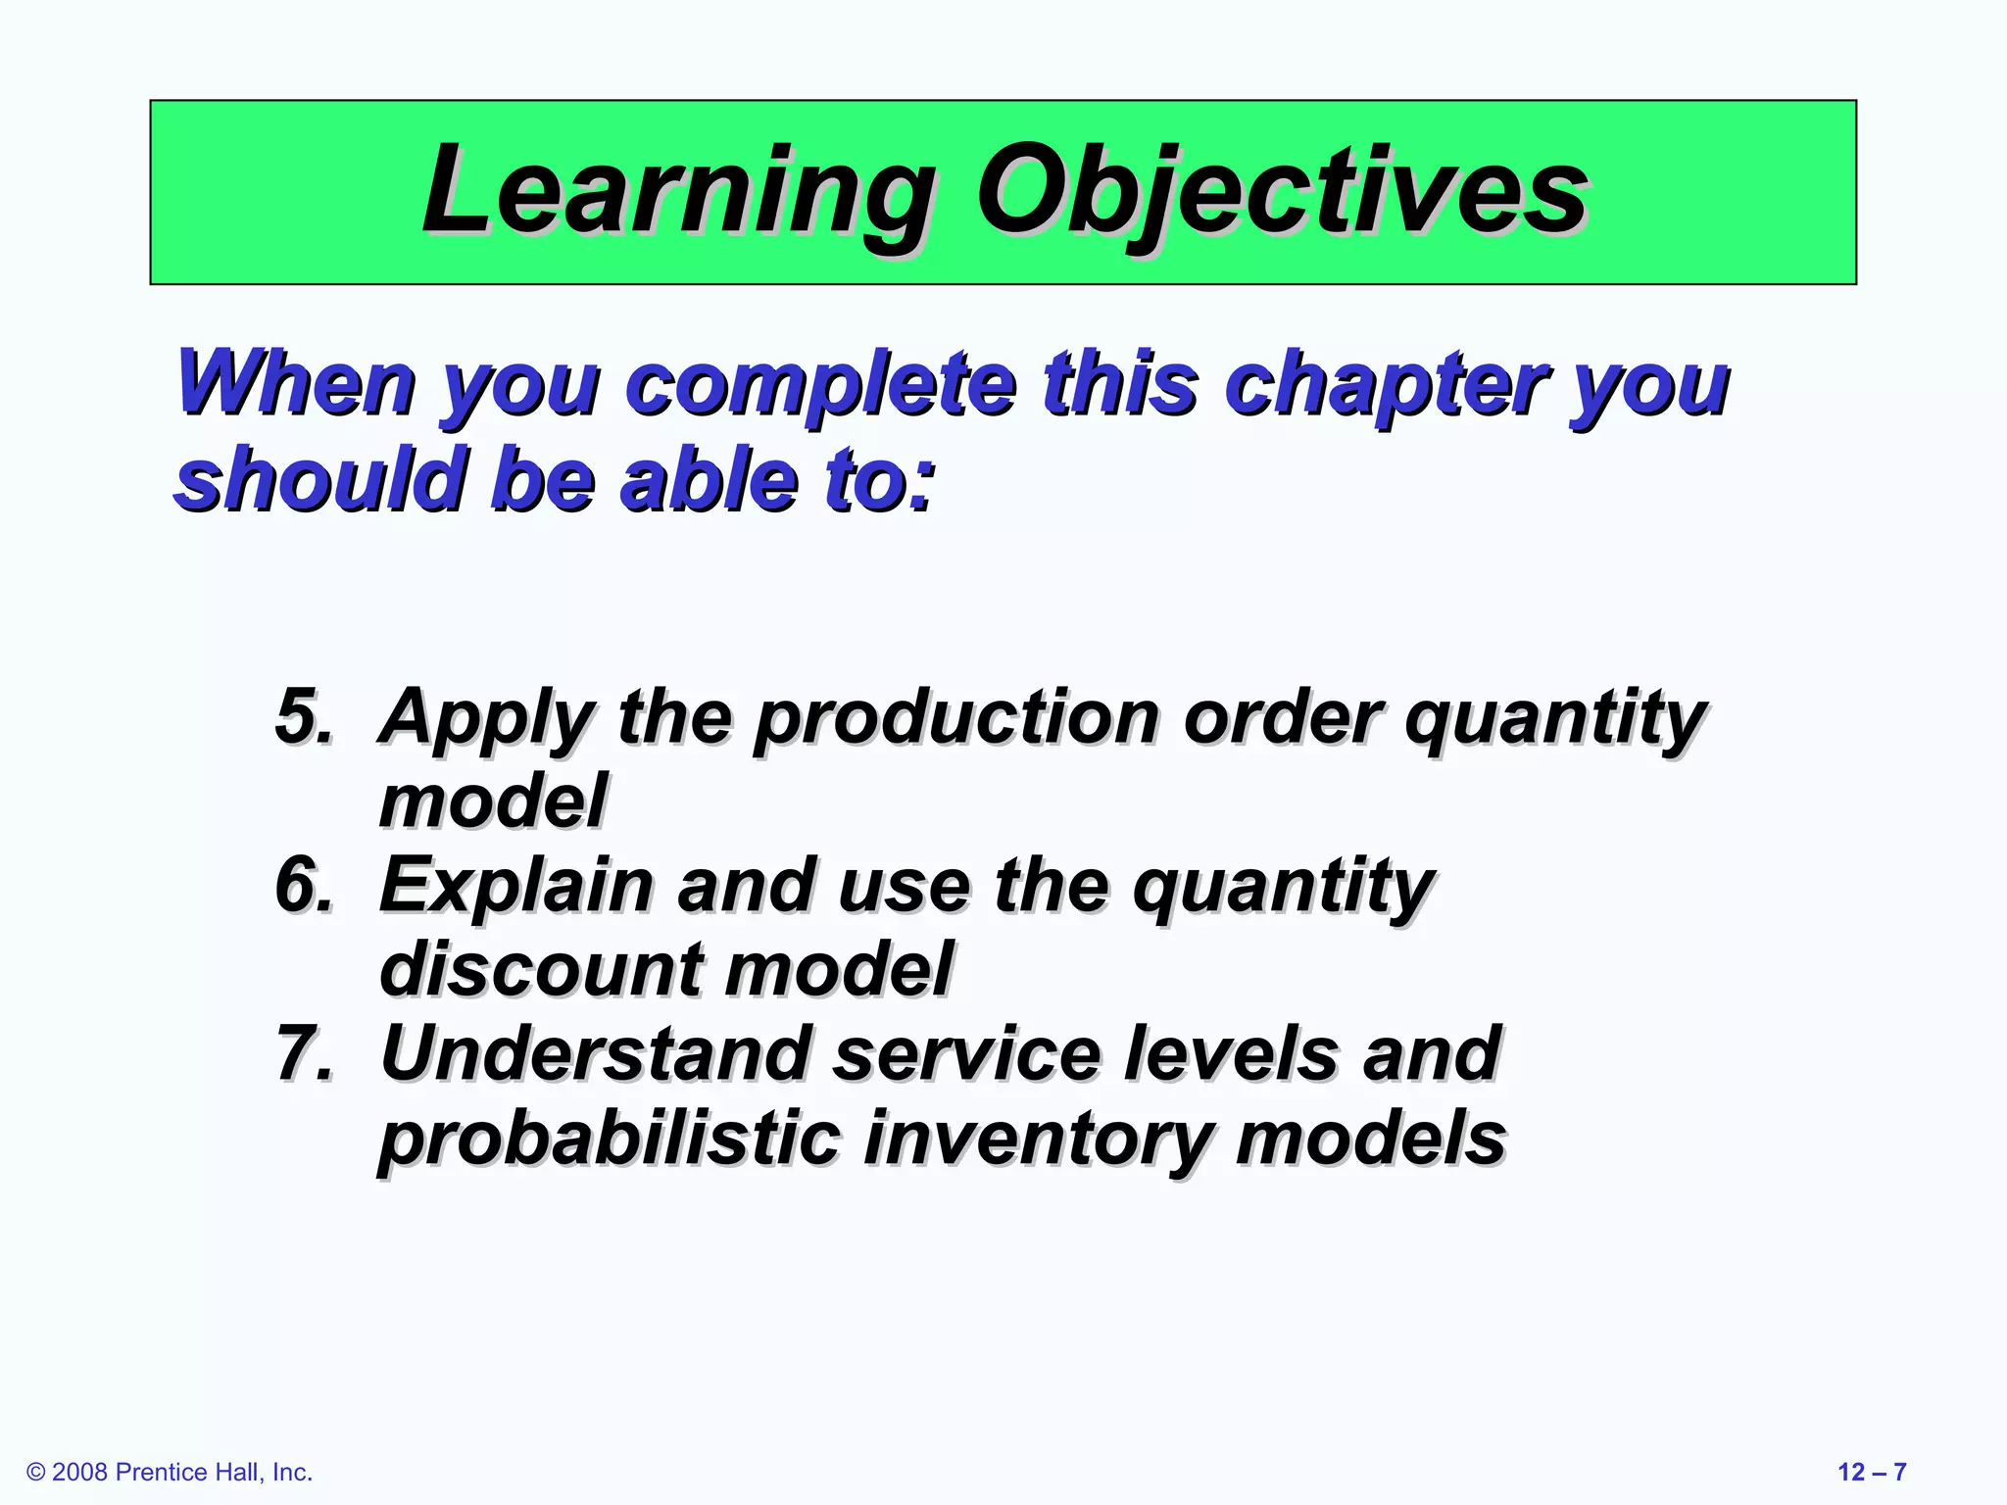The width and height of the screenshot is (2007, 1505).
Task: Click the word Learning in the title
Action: tap(676, 191)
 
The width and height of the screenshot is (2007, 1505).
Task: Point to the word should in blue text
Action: tap(319, 480)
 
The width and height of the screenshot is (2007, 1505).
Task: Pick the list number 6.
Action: tap(303, 885)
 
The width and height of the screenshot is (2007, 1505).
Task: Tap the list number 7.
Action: tap(303, 1053)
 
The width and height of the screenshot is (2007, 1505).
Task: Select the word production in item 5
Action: tap(956, 718)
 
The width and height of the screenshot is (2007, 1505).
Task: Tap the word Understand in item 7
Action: tap(594, 1053)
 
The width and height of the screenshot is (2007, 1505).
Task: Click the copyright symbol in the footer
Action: tap(36, 1473)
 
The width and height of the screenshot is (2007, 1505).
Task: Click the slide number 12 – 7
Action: tap(1871, 1472)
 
